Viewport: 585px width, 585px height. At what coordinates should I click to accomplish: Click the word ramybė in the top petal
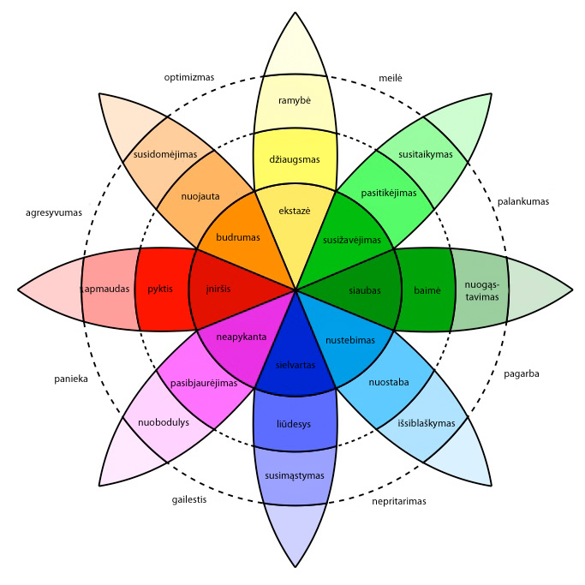293,101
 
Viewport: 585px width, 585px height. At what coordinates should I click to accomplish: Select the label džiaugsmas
294,160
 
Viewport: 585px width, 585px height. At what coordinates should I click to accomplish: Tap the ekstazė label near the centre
293,210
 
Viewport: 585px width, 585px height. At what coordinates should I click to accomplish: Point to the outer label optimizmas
188,77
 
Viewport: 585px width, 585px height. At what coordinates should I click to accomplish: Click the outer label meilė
391,78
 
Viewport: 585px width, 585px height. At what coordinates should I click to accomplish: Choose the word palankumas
522,201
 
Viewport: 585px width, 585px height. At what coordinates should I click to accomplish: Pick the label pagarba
521,373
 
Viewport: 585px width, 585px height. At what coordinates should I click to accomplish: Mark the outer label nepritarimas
399,501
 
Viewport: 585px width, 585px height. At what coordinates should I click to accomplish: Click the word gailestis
189,499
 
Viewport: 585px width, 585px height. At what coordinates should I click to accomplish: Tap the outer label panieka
70,378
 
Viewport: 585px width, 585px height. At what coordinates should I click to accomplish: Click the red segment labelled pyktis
160,290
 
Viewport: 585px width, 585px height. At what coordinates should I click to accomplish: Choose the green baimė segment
427,290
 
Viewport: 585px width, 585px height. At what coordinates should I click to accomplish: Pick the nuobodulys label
158,422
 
